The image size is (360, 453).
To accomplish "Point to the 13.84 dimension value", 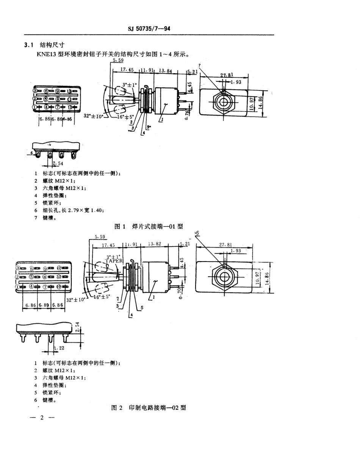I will coord(165,70).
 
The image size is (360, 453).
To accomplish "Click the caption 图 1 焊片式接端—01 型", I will coord(149,226).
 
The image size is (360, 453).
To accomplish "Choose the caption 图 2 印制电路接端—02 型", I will coord(149,408).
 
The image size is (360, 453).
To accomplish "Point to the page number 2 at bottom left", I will coord(42,418).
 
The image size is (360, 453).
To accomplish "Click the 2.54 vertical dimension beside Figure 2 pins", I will coord(77,327).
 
